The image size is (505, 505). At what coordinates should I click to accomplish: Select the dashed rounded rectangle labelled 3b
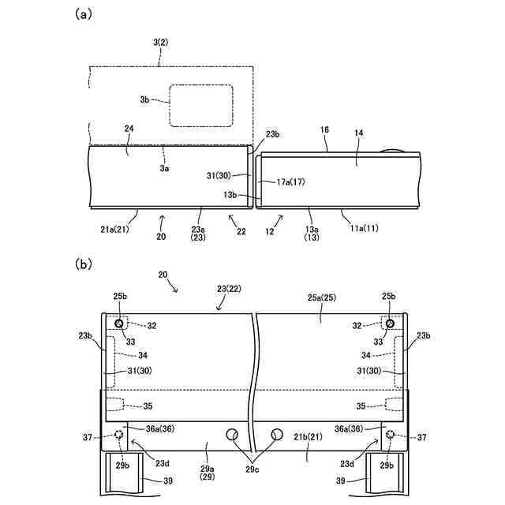[x=200, y=105]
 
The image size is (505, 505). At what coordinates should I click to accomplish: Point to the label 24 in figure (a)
[x=129, y=129]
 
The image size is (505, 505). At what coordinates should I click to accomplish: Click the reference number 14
[x=359, y=135]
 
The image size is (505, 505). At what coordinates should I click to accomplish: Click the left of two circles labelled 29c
[x=232, y=434]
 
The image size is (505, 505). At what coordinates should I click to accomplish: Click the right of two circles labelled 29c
[x=277, y=434]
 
